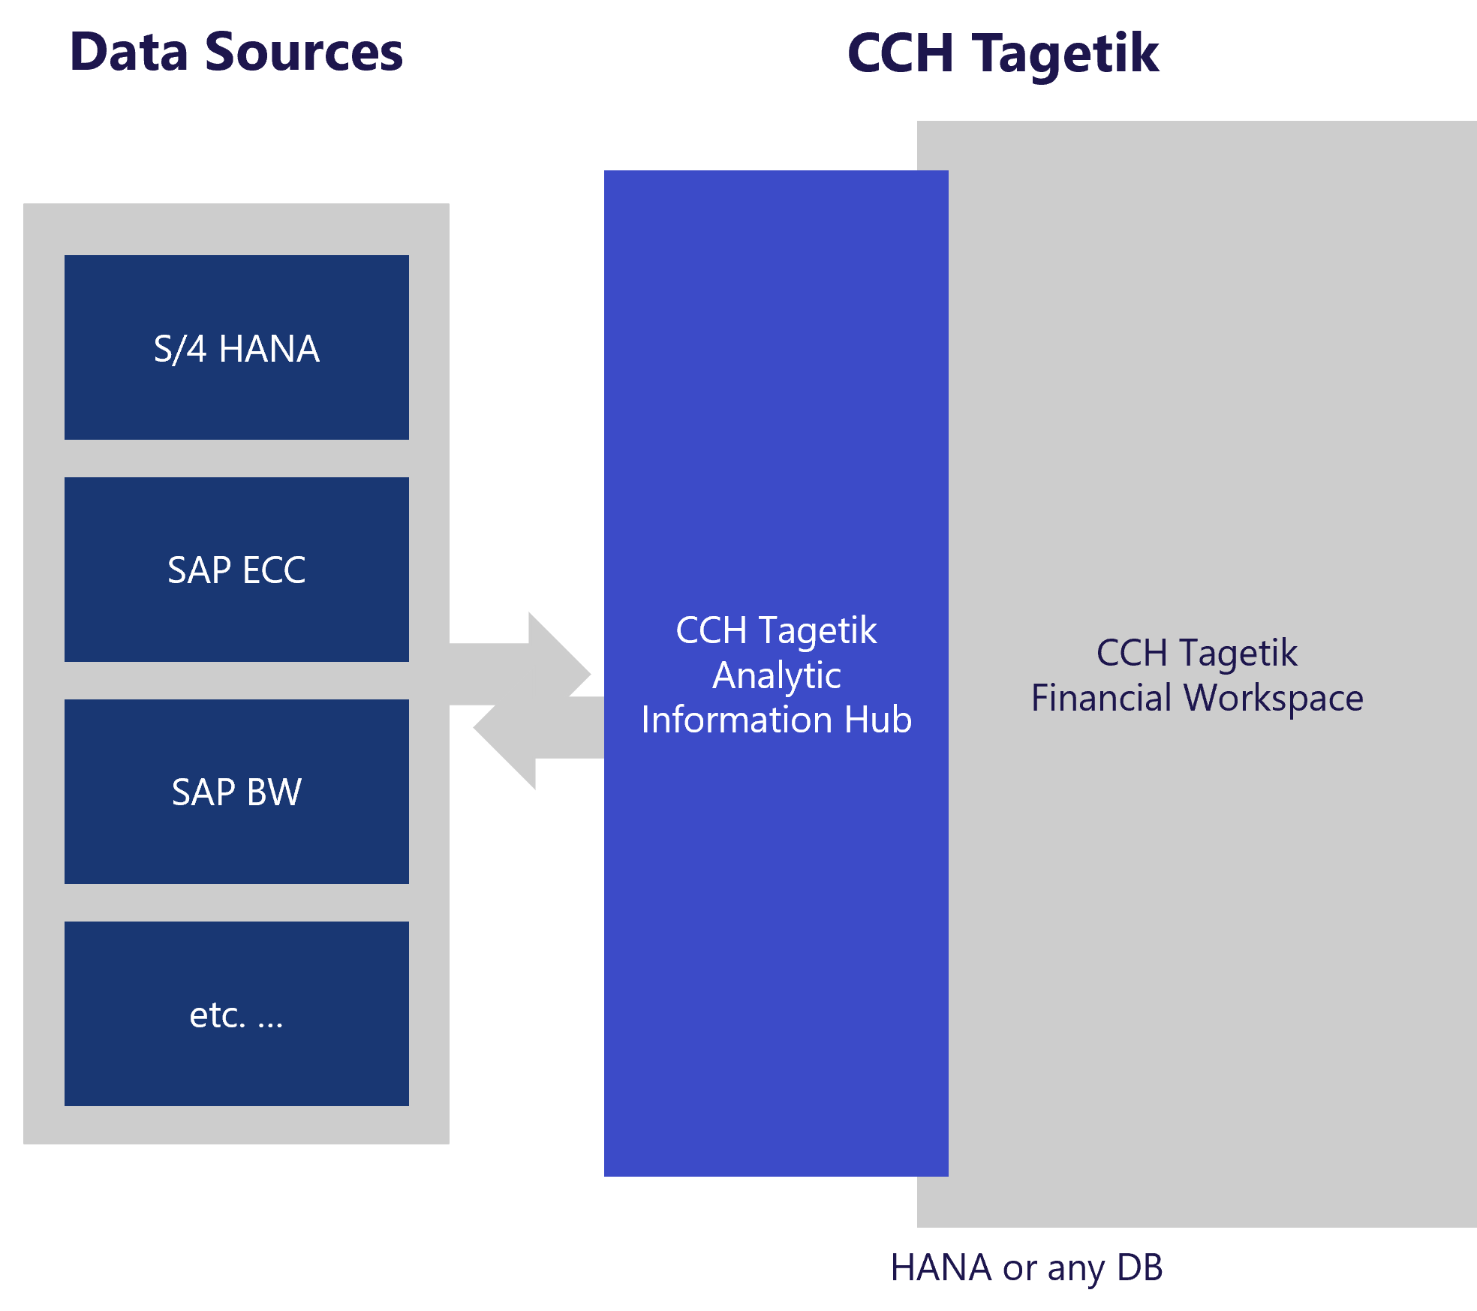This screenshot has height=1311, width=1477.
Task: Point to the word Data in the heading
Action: coord(128,53)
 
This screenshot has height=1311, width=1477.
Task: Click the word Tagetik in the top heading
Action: coord(1066,54)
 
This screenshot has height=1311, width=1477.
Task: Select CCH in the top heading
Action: coord(900,54)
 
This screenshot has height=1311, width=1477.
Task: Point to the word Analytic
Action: coord(777,675)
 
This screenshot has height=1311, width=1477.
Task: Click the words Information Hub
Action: coord(777,720)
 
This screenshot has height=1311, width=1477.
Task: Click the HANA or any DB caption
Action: coord(1026,1268)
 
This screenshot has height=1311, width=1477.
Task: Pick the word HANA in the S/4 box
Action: coord(269,349)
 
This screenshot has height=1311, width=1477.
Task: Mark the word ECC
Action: coord(274,570)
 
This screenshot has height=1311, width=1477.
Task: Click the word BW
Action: coord(274,792)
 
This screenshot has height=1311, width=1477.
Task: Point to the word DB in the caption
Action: coord(1139,1268)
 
